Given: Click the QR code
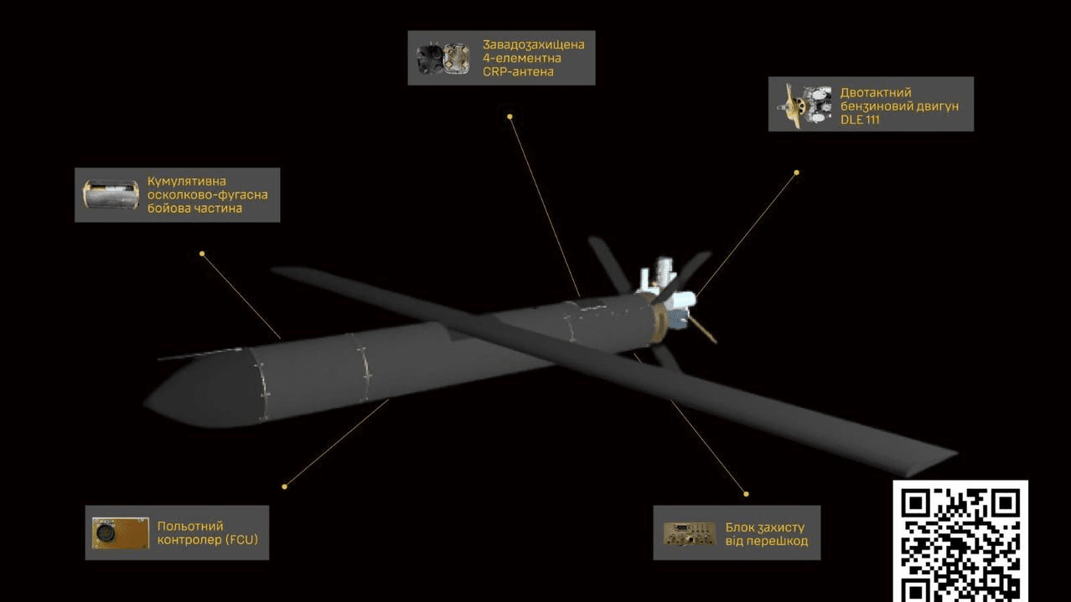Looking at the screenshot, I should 960,541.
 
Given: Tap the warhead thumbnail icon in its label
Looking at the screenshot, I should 111,194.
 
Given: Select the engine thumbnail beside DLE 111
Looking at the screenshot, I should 804,105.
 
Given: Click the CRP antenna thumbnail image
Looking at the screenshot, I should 442,59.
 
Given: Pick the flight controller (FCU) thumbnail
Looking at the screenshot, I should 120,533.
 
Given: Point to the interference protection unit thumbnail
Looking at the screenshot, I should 689,534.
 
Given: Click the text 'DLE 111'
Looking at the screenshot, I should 860,120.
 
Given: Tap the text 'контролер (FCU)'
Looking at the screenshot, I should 207,540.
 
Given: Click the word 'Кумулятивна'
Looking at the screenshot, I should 187,181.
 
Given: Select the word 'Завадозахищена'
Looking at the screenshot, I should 533,44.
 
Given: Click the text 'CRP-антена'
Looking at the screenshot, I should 518,72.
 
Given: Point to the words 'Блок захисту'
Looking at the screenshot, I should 764,527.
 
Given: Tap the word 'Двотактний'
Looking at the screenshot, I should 875,92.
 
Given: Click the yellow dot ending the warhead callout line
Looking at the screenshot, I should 202,253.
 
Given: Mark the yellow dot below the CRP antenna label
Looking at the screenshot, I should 510,116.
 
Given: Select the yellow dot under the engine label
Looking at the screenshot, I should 796,172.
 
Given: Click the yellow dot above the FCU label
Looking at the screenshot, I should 285,486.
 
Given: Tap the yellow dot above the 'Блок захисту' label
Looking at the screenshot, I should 746,494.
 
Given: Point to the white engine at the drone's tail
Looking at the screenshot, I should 666,285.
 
